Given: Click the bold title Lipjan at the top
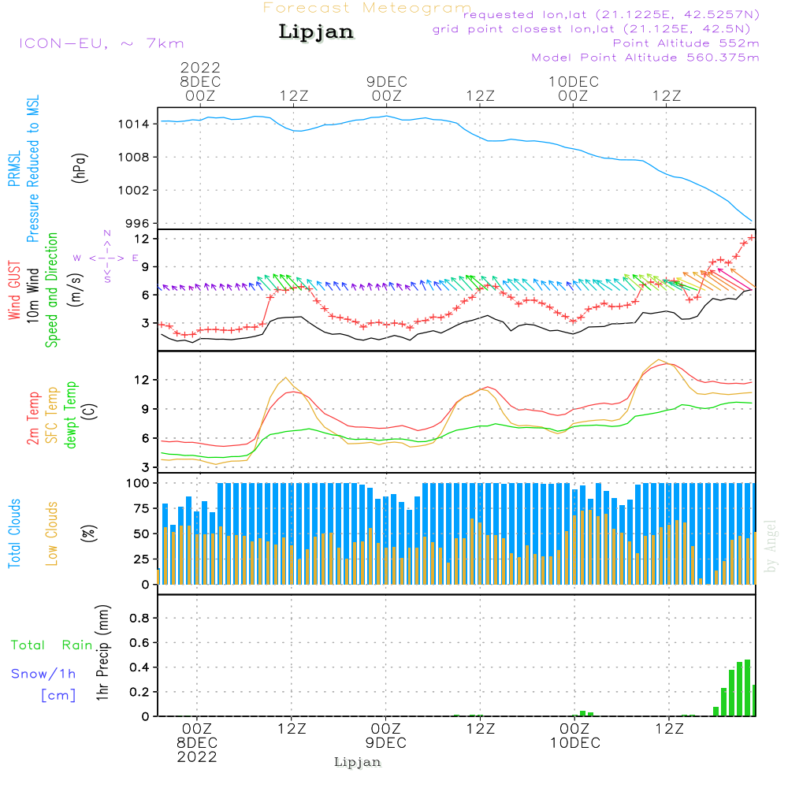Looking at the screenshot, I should tap(316, 32).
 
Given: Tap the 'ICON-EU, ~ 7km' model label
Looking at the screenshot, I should tap(101, 43).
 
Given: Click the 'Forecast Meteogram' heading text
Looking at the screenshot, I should tap(367, 8).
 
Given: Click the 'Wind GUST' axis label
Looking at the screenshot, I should tap(14, 292).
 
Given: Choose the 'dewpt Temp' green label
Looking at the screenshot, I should tap(71, 415).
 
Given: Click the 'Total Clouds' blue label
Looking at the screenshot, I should tap(14, 533).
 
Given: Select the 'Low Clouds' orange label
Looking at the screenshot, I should tap(52, 533).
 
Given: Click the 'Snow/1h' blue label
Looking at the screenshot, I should tap(44, 674).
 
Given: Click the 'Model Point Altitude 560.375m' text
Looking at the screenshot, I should tap(645, 58).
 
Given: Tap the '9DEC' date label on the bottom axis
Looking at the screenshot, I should tap(386, 743).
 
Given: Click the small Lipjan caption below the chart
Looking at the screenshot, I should tap(358, 762).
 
